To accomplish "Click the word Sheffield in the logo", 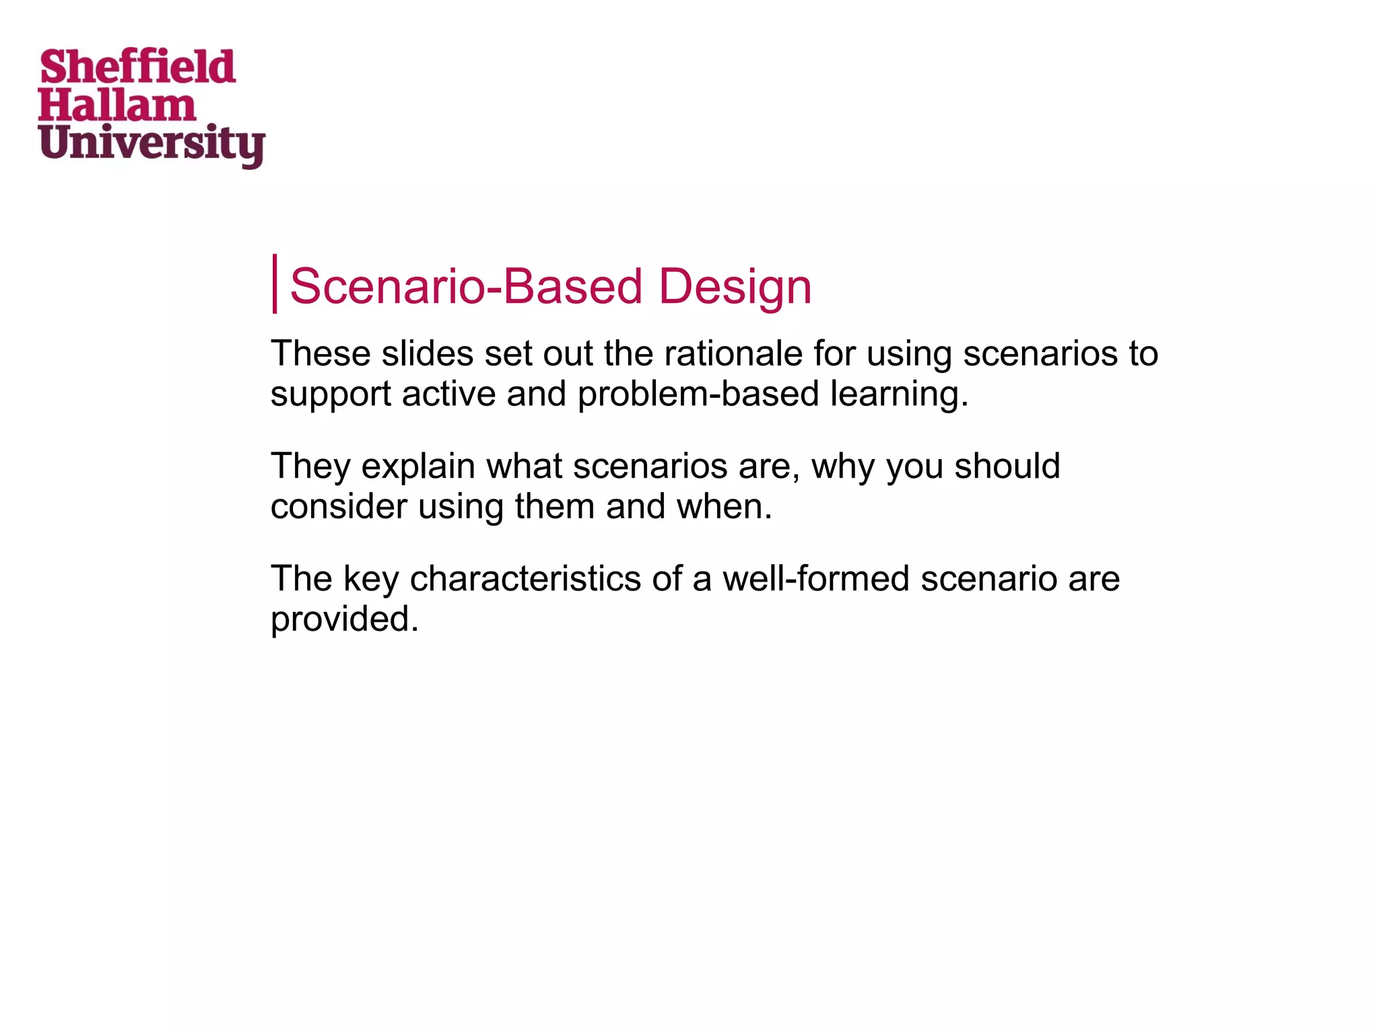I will click(x=138, y=67).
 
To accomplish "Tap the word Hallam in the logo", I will click(x=117, y=106).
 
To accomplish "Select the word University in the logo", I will click(x=152, y=144).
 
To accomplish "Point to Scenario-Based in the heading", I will click(x=466, y=287).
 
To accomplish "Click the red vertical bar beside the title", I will click(x=275, y=283).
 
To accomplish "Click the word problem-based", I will click(x=698, y=394).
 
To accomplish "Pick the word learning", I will click(x=899, y=394).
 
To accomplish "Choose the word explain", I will click(x=417, y=467).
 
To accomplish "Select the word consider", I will click(x=339, y=506).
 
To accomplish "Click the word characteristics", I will click(x=525, y=579).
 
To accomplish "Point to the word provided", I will click(x=344, y=619).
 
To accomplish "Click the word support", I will click(x=331, y=394).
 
